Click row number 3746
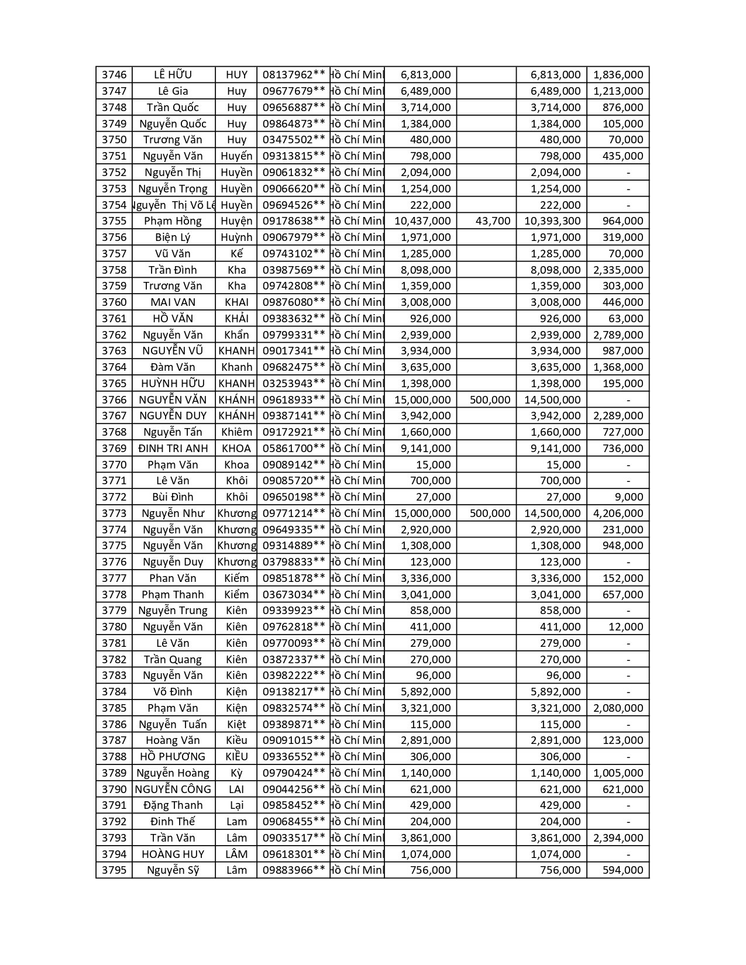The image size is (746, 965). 114,75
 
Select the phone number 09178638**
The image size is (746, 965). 293,221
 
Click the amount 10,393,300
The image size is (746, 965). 552,221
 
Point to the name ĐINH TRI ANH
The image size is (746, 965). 173,449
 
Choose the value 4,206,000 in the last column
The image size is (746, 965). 618,513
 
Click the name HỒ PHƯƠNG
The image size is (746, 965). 173,757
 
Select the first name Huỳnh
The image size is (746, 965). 236,237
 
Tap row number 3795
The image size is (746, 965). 114,870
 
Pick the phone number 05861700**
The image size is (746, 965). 293,449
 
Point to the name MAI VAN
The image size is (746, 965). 173,302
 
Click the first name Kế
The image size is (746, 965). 236,254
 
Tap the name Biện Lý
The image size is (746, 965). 173,237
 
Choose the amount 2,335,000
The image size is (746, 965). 618,270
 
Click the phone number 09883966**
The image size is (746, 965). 293,870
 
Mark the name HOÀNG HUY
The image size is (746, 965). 173,854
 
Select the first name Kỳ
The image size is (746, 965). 236,773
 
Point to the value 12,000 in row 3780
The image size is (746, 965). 625,627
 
